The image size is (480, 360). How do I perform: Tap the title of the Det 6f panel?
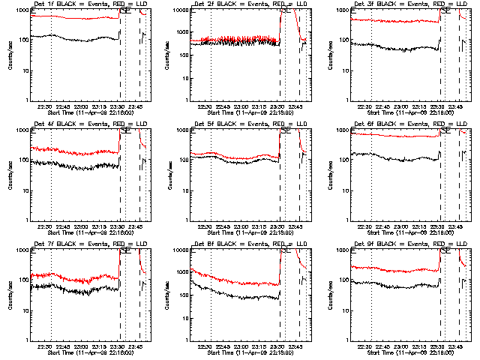[x=404, y=124]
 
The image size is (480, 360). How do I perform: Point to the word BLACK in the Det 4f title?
[x=58, y=124]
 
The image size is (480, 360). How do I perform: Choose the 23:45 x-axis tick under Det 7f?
[x=137, y=346]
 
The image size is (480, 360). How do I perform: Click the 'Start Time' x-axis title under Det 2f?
[x=244, y=112]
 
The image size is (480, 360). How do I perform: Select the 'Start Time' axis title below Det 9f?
[x=404, y=352]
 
